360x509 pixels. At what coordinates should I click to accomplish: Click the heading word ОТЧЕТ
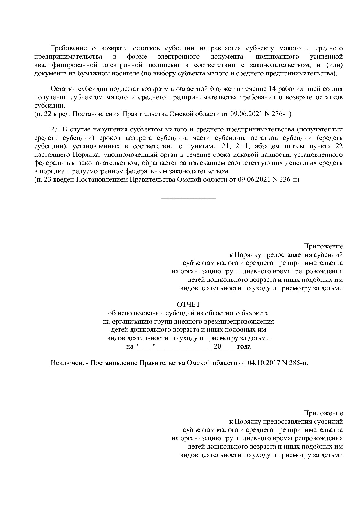(188, 304)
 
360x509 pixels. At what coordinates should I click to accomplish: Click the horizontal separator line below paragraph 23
(188, 199)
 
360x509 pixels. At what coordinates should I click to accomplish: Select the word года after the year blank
(244, 346)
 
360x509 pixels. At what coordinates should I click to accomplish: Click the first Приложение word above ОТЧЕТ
(323, 246)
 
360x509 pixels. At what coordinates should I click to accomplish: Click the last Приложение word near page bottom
(323, 413)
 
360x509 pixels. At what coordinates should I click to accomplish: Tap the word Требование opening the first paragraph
(69, 48)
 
